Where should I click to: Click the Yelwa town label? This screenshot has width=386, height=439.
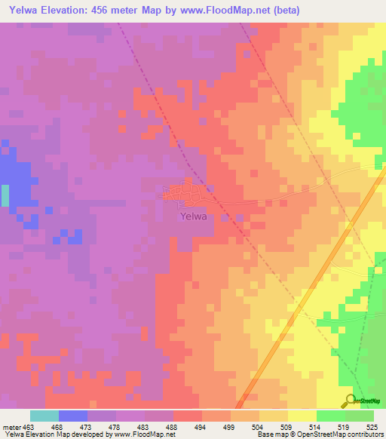[x=193, y=216]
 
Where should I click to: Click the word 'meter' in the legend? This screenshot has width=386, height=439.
[x=11, y=426]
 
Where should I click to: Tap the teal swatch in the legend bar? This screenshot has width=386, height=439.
[x=44, y=416]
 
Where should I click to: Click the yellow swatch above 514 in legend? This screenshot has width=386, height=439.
[x=302, y=416]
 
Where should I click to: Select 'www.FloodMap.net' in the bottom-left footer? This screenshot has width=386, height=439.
[x=142, y=435]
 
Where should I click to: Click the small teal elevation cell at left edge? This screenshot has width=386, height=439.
[x=5, y=195]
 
